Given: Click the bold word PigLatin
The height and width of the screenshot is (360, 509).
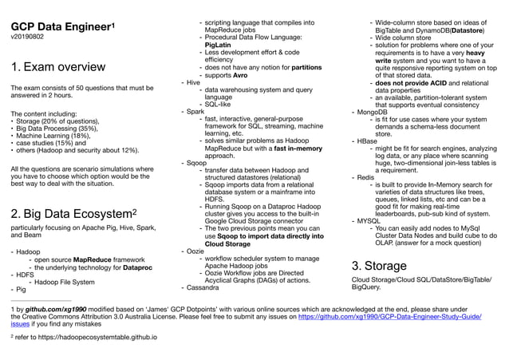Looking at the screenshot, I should click(x=219, y=45).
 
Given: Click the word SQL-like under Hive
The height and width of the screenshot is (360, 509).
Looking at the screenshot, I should click(x=221, y=103).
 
